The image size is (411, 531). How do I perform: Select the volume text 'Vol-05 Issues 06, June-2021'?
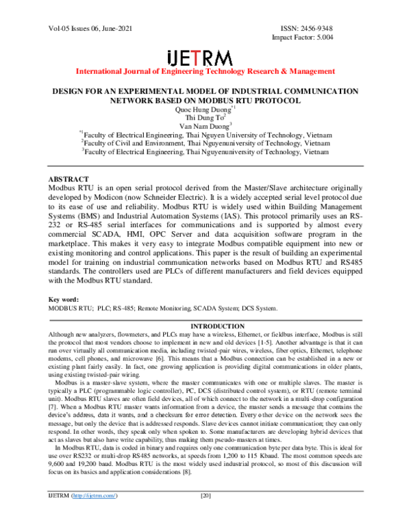coord(91,29)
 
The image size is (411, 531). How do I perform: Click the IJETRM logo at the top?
coord(205,57)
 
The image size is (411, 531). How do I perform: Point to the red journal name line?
coord(205,71)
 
